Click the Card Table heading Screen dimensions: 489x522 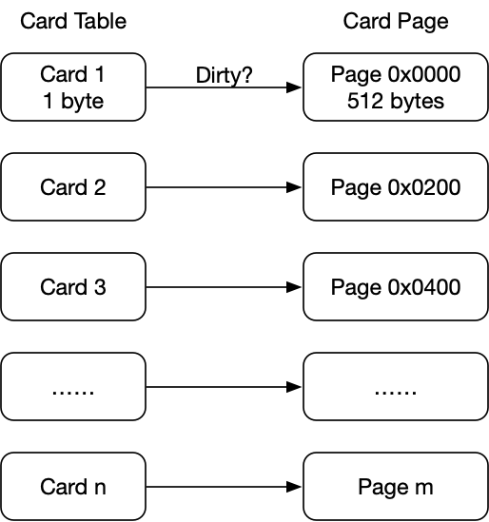click(73, 21)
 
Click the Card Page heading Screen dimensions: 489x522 click(396, 22)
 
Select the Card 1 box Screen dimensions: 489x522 click(73, 87)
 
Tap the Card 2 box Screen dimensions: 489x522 click(73, 186)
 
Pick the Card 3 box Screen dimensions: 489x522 click(73, 286)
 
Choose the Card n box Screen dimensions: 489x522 click(73, 487)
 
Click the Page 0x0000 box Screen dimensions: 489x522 click(396, 87)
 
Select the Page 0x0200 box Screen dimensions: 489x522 click(396, 186)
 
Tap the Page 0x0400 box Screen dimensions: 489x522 click(396, 286)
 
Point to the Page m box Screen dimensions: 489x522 click(396, 487)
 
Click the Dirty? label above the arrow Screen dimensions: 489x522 click(225, 75)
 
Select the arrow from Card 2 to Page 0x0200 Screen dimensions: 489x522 click(224, 187)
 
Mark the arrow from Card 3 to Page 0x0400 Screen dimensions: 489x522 click(224, 287)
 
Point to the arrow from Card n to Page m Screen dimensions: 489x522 click(224, 487)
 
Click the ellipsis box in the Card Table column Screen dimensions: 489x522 click(73, 386)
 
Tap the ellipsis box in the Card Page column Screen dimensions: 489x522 click(396, 386)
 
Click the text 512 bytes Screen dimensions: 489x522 click(396, 101)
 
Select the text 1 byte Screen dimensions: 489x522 click(73, 101)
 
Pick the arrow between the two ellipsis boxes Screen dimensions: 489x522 click(224, 387)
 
